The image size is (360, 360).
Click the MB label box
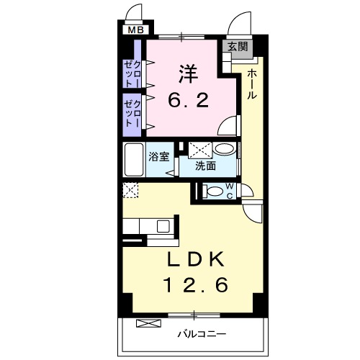click(x=135, y=30)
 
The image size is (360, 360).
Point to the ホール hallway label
click(x=253, y=84)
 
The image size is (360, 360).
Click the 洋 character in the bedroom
click(x=189, y=73)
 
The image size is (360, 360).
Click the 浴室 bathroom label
click(x=159, y=155)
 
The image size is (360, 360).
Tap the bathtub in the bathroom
click(x=134, y=159)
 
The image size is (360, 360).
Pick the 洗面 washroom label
click(x=206, y=166)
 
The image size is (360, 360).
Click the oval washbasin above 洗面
click(x=224, y=150)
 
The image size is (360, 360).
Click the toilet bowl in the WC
click(x=214, y=192)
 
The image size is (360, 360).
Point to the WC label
click(x=230, y=191)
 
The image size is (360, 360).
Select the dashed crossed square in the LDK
click(x=130, y=191)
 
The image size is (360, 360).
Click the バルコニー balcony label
click(x=202, y=334)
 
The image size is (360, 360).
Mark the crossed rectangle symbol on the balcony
click(x=145, y=323)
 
